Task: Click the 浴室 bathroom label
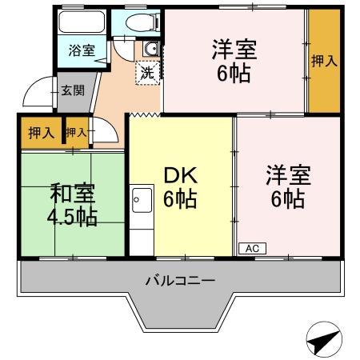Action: pos(81,50)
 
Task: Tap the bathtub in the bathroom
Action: pos(81,24)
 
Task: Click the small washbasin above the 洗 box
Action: pos(150,50)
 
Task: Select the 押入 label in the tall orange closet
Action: pos(323,61)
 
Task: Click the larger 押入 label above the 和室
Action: pos(41,133)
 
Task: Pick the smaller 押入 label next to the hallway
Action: pos(77,133)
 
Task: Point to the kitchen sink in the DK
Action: pos(142,196)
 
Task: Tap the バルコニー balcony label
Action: pos(180,281)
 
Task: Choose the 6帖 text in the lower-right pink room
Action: pos(287,199)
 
